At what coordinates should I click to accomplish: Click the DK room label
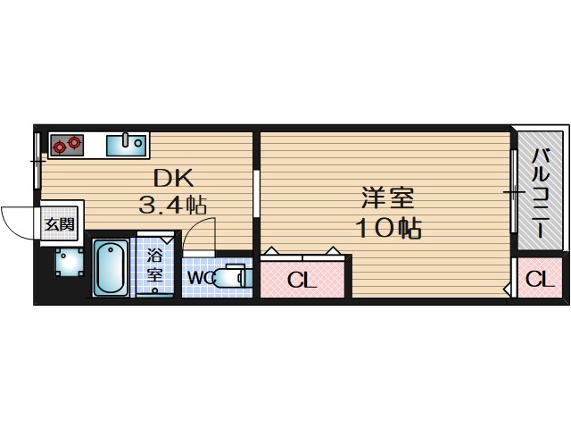[x=170, y=177]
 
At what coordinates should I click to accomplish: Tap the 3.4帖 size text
[x=172, y=205]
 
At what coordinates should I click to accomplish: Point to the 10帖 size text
[x=389, y=227]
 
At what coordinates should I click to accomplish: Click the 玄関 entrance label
[x=60, y=223]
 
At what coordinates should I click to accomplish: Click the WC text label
[x=200, y=278]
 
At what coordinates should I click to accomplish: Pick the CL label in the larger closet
[x=302, y=281]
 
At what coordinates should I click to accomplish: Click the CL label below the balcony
[x=538, y=280]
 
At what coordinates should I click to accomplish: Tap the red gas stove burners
[x=67, y=144]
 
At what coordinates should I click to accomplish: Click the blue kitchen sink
[x=126, y=143]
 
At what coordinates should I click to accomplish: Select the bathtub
[x=112, y=267]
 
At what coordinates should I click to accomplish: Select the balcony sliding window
[x=514, y=193]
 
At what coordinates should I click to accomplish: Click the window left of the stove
[x=37, y=161]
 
